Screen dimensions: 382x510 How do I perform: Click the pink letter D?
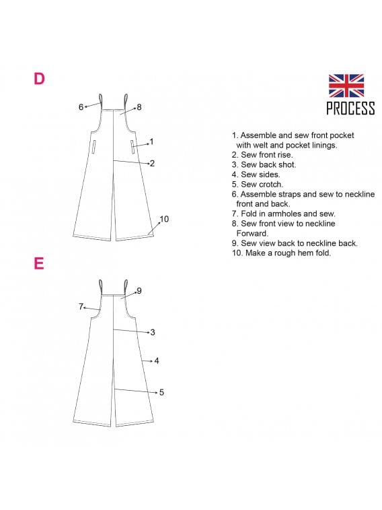(39, 78)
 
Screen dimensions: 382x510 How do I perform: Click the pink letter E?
(39, 263)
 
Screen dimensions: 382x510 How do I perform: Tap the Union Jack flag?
(346, 86)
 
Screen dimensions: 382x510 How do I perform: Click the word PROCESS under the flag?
(350, 108)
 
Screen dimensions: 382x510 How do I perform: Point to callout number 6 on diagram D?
(81, 106)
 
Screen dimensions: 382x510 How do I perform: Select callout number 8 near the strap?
(139, 107)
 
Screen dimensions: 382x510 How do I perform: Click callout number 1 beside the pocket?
(151, 141)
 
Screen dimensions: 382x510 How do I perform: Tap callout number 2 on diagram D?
(152, 163)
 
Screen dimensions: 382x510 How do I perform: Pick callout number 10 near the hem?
(164, 219)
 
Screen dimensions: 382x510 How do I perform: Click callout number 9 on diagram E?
(139, 291)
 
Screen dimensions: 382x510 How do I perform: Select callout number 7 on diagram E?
(81, 307)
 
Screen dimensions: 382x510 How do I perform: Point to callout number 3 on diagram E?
(153, 332)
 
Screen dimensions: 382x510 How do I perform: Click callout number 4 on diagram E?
(157, 360)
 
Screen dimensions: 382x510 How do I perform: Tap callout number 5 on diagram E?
(161, 392)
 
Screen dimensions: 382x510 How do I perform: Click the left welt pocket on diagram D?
(93, 147)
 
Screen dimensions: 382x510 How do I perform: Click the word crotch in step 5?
(271, 185)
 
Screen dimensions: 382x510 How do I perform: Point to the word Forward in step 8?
(252, 233)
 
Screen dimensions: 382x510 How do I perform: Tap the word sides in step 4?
(270, 174)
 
